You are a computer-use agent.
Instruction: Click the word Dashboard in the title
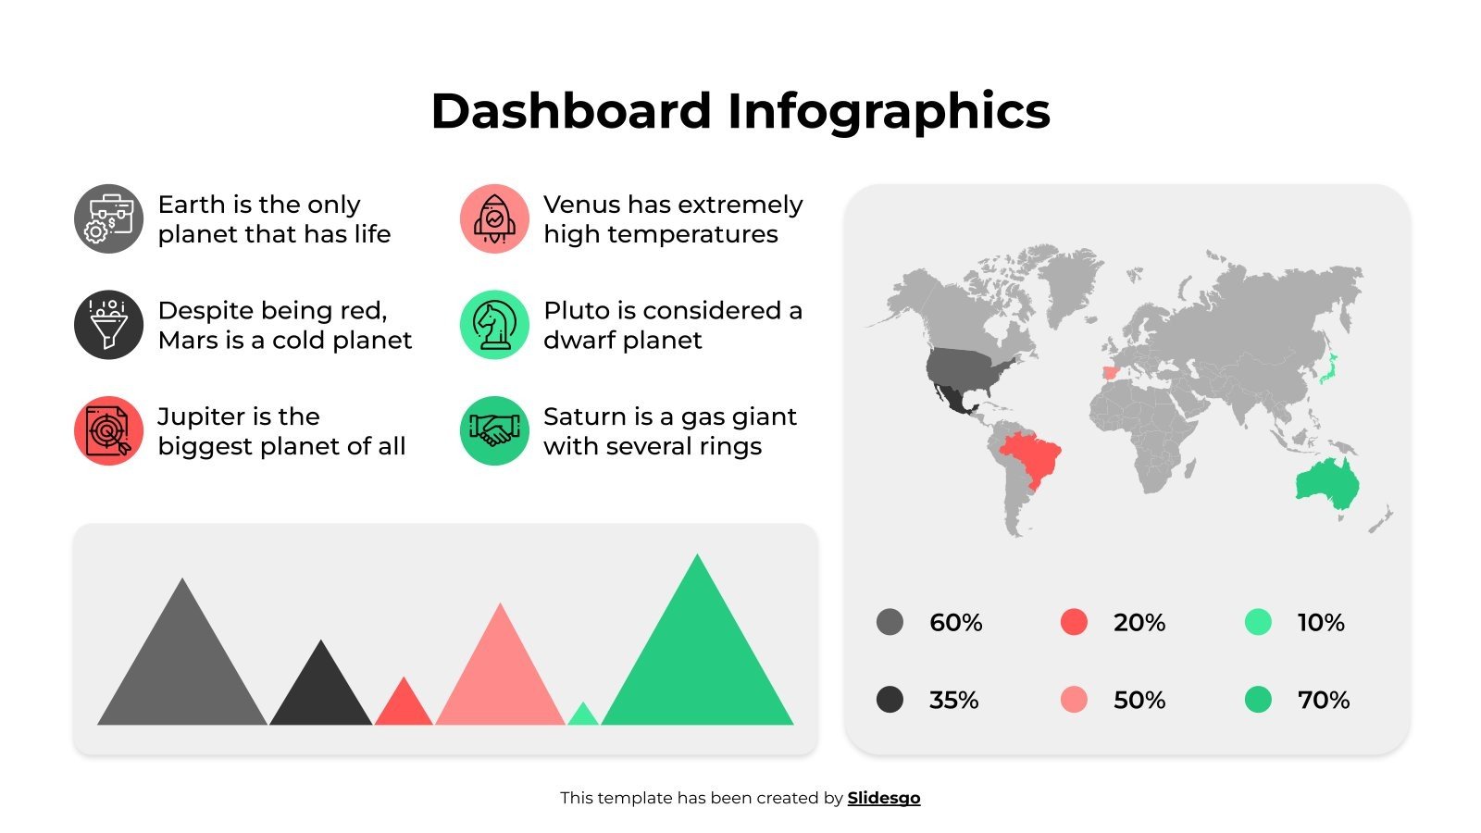pos(570,111)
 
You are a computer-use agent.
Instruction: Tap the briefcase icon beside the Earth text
pos(109,218)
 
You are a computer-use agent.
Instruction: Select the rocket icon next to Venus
pos(494,218)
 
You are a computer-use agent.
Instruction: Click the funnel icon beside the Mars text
pos(109,325)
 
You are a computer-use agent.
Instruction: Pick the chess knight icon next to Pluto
pos(494,325)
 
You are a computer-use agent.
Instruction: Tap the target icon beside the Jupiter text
pos(109,431)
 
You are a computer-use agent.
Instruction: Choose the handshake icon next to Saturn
pos(494,431)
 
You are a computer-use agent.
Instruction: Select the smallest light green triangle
pos(582,716)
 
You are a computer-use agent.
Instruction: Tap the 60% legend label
pos(955,623)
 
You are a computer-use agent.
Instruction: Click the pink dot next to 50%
pos(1074,700)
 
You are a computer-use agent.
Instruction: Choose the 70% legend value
pos(1323,701)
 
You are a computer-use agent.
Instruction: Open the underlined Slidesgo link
pos(883,798)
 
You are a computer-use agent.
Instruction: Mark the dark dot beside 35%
pos(890,700)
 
